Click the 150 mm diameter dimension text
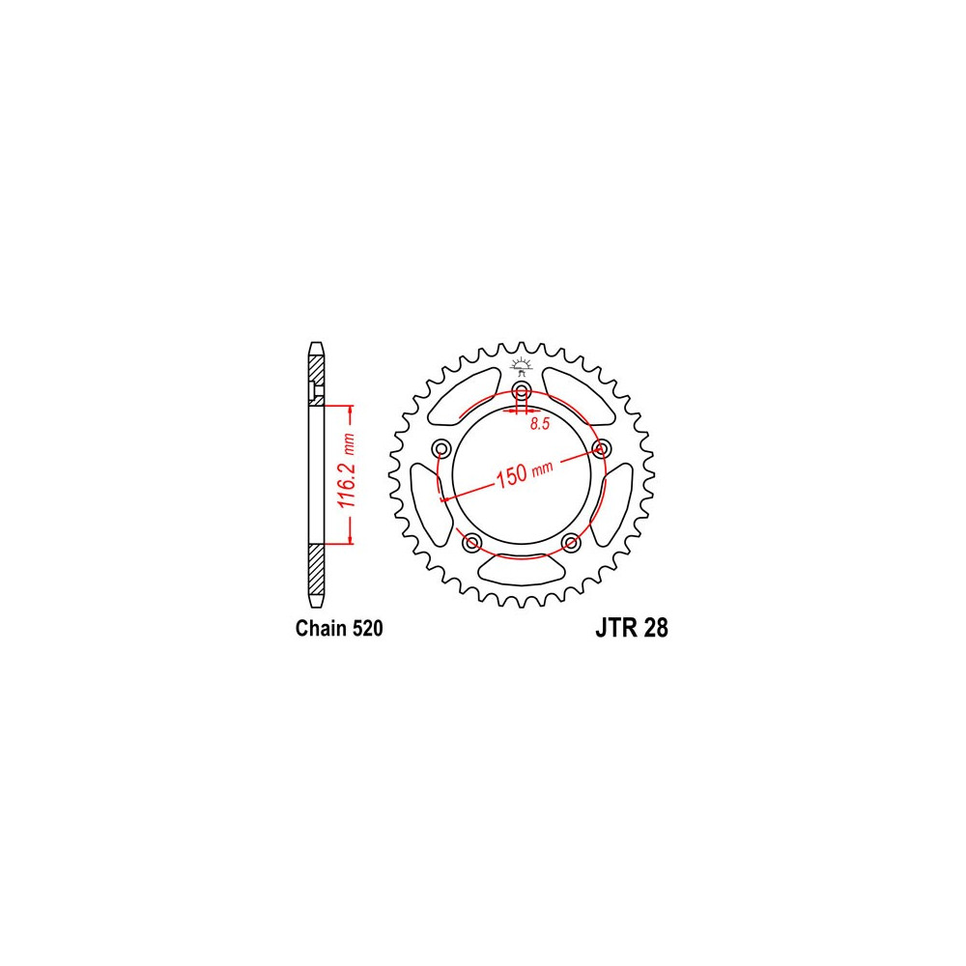[525, 472]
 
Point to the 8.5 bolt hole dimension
[539, 424]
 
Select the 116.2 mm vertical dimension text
[348, 470]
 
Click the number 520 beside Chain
[368, 629]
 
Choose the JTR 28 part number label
[632, 629]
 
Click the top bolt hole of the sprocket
[522, 390]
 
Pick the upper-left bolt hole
[441, 448]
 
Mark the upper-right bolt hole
[601, 448]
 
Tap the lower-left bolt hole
[472, 542]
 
